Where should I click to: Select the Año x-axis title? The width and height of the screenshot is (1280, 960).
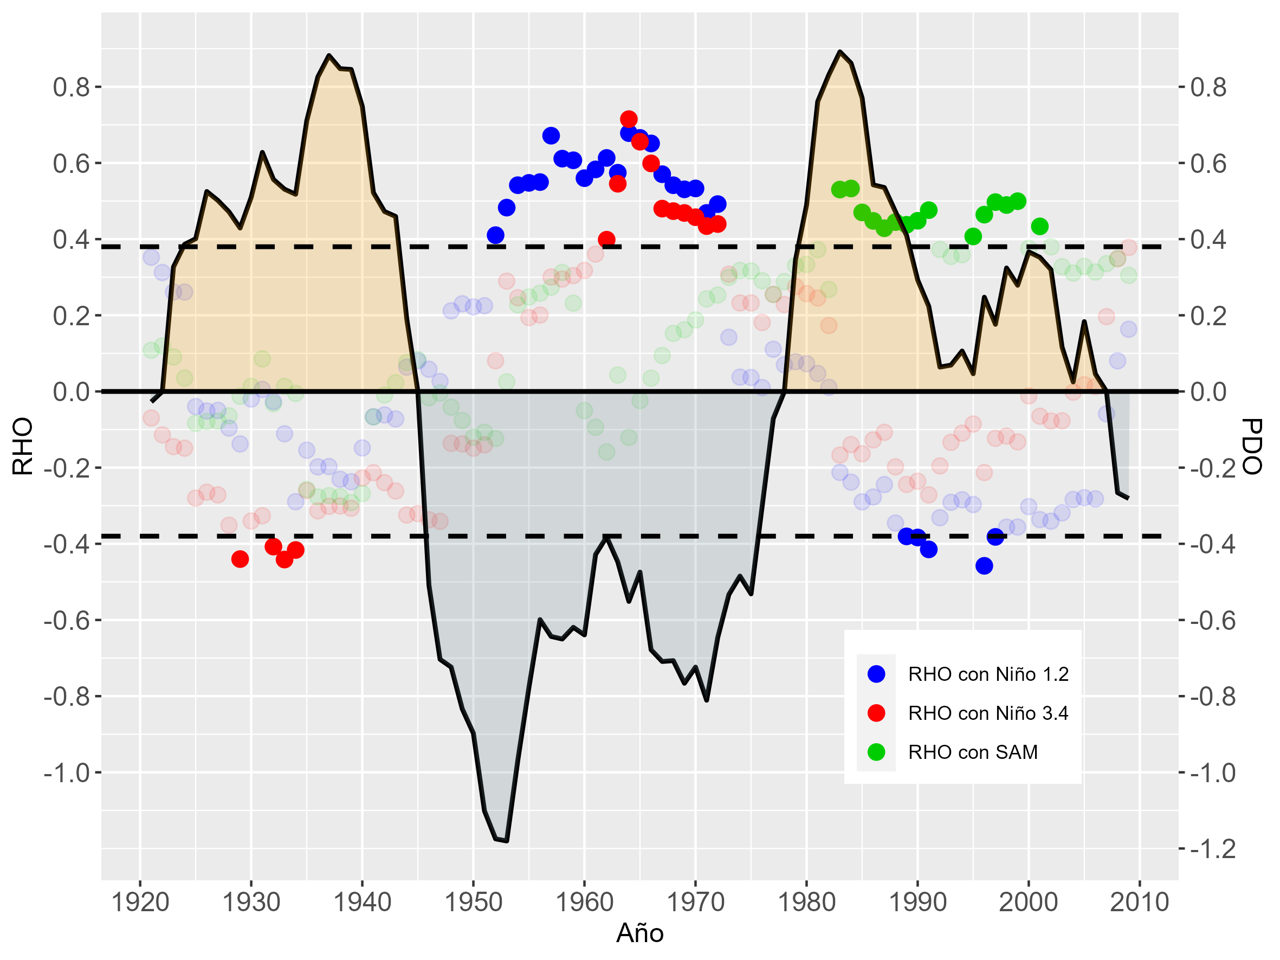639,933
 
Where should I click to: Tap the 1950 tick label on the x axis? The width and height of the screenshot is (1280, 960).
473,902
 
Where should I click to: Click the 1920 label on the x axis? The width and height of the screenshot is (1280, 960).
139,902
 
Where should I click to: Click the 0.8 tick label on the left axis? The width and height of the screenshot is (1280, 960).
71,87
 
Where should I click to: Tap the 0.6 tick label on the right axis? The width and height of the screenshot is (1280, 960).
1208,164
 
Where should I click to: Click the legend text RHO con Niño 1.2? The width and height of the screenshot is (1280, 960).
988,674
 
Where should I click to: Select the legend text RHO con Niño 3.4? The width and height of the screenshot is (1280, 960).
988,713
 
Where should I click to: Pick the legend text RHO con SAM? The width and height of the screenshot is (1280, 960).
973,752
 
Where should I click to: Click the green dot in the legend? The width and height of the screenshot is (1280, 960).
876,752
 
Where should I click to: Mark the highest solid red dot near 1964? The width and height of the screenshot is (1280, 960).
629,119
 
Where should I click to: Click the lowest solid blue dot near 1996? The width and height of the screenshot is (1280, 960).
984,565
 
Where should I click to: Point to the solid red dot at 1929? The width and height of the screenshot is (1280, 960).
240,558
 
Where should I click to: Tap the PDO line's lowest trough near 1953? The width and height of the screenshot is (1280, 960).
507,841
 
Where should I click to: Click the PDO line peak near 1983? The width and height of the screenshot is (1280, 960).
839,51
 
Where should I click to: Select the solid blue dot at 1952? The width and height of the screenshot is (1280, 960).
495,235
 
